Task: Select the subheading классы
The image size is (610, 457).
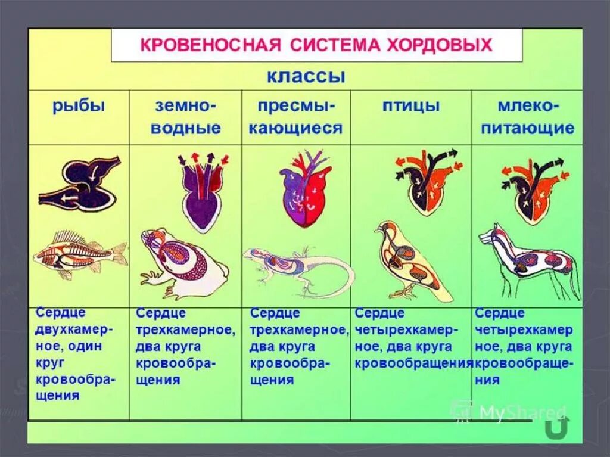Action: pos(306,76)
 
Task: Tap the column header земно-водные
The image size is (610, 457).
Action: pos(186,117)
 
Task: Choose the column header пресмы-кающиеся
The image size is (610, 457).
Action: pos(295,117)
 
